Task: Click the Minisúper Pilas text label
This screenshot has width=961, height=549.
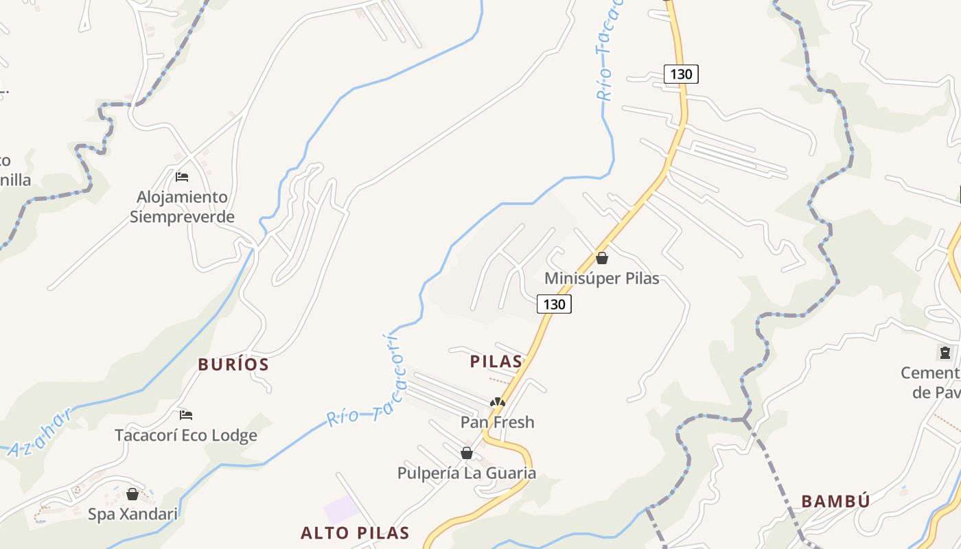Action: coord(601,278)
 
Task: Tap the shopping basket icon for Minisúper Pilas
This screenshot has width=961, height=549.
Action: coord(602,258)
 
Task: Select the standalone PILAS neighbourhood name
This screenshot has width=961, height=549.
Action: coord(496,361)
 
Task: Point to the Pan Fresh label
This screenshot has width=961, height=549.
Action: coord(497,421)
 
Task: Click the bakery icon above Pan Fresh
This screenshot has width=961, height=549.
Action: coord(498,402)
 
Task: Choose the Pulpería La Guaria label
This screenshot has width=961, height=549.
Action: coord(467,473)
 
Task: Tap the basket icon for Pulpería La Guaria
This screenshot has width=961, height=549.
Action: coord(467,453)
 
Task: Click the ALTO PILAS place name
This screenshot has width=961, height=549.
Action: coord(355,533)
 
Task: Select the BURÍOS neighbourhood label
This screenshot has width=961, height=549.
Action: coord(233,364)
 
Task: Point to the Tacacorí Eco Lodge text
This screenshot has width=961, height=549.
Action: coord(186,435)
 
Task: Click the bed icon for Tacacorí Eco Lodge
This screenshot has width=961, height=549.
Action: coord(186,414)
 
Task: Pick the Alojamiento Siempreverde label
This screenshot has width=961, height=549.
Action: coord(183,207)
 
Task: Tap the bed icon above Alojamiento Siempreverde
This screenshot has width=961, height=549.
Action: coord(182,176)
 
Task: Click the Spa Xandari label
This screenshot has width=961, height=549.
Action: coord(132,513)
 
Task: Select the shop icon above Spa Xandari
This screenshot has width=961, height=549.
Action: coord(132,494)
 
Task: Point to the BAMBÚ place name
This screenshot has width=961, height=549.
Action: coord(835,501)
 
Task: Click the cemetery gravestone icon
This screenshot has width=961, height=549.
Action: coord(945,353)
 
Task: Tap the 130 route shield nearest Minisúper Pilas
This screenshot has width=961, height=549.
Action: coord(554,303)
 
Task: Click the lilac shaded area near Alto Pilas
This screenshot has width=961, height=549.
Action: coord(342,509)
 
